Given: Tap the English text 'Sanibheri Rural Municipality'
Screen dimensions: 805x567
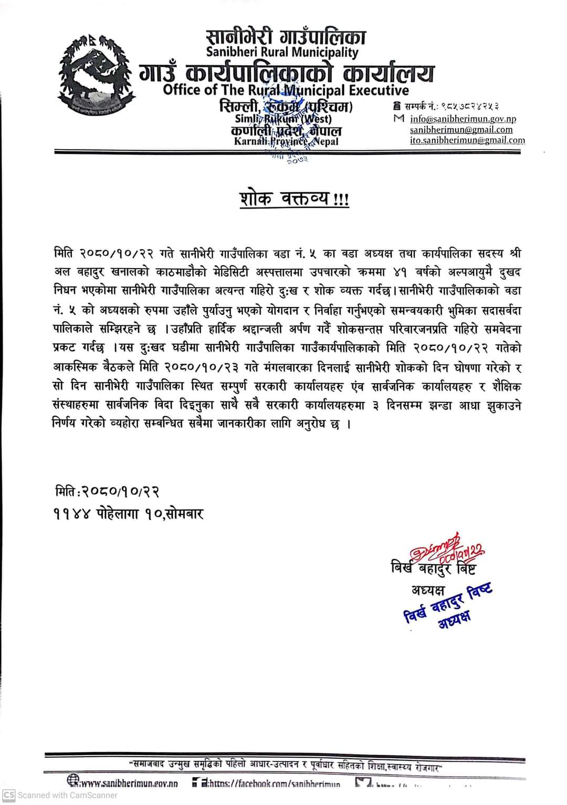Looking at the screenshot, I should (x=282, y=52).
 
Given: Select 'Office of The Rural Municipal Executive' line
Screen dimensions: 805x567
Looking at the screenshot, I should (x=286, y=90).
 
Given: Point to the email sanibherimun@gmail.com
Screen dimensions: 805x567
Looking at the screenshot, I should (x=461, y=130).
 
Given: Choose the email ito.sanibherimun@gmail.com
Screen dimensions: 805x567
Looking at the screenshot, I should (x=467, y=140).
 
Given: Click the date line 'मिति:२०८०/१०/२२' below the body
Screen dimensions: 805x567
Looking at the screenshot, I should (x=107, y=492).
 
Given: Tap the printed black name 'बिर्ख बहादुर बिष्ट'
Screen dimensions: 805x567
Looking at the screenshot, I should (x=433, y=569).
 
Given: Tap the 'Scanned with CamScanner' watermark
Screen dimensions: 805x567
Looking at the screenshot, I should (x=60, y=795).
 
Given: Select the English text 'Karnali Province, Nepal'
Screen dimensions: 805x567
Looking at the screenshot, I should (x=286, y=141).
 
